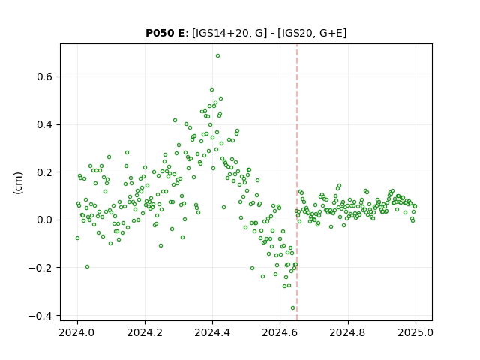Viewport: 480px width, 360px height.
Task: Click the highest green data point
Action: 217,56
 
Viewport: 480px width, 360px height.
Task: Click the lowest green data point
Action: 292,308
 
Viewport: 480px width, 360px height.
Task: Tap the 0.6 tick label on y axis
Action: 44,76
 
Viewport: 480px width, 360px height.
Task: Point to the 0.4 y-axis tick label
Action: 44,125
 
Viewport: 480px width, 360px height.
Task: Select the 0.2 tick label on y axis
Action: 44,172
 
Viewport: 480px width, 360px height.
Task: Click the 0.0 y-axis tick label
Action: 44,220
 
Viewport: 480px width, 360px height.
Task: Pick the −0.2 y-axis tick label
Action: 40,268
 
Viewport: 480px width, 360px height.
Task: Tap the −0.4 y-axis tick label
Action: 40,316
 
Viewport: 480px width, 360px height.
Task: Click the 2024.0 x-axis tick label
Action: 77,332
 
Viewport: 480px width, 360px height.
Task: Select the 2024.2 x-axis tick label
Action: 145,332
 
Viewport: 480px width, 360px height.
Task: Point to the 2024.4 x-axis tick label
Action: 212,332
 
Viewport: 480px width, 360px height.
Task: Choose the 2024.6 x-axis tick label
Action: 280,332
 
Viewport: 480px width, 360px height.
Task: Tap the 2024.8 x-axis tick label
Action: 347,332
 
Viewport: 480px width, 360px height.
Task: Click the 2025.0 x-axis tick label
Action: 415,332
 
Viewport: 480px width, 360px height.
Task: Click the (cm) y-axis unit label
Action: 18,183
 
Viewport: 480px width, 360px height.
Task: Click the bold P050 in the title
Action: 159,33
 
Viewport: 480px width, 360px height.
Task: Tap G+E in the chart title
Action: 330,33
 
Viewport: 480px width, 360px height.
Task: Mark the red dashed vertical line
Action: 297,182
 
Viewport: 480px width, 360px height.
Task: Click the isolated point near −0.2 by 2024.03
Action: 87,267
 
